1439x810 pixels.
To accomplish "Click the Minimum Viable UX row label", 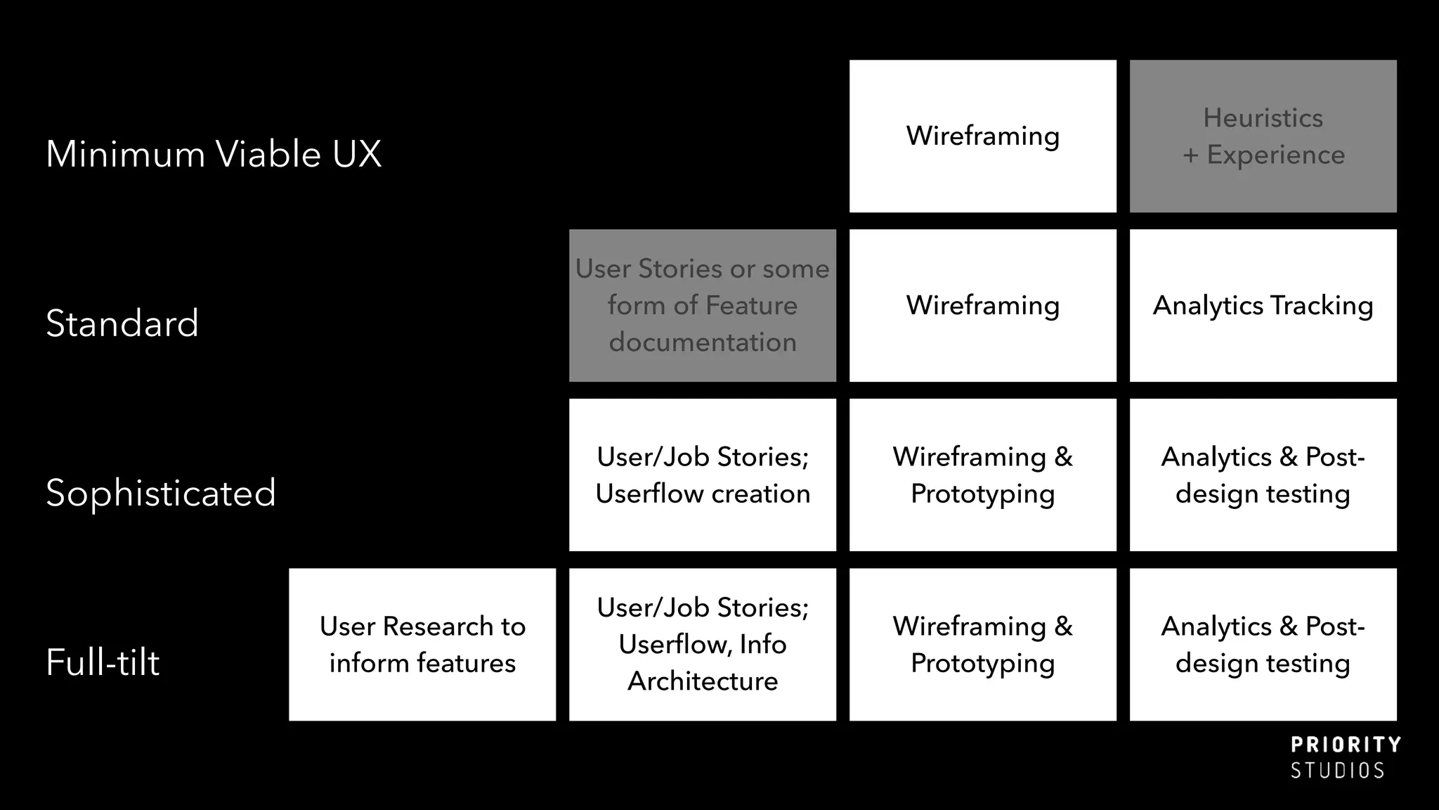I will [x=214, y=154].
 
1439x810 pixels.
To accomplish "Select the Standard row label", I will [x=122, y=323].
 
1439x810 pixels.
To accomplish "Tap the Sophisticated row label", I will [x=161, y=492].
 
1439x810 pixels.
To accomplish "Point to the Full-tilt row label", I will [x=103, y=662].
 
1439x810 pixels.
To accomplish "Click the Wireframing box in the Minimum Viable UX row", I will [x=982, y=136].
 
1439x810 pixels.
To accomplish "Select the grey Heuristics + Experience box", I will [x=1263, y=136].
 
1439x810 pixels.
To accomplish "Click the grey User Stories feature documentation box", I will [x=702, y=306].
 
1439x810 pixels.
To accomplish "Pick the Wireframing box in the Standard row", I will [x=982, y=306].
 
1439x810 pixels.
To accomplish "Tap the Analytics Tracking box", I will [x=1263, y=306].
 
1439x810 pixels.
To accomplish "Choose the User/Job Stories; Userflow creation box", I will [x=702, y=475].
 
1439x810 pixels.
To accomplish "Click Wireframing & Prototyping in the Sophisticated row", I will [x=982, y=475].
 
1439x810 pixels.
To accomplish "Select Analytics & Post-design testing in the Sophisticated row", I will [x=1263, y=475].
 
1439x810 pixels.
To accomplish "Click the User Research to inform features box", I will [x=422, y=645].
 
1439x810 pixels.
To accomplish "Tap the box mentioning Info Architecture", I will [x=702, y=645].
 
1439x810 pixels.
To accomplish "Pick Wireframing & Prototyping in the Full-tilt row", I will [x=982, y=645].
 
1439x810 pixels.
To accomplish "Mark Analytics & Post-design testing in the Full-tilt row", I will [x=1263, y=645].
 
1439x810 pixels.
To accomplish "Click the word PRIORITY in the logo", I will [x=1346, y=745].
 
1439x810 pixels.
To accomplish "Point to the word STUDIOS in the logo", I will [x=1337, y=771].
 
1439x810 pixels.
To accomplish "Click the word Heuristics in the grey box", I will [x=1263, y=118].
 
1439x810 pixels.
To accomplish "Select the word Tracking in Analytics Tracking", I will [x=1322, y=306].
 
